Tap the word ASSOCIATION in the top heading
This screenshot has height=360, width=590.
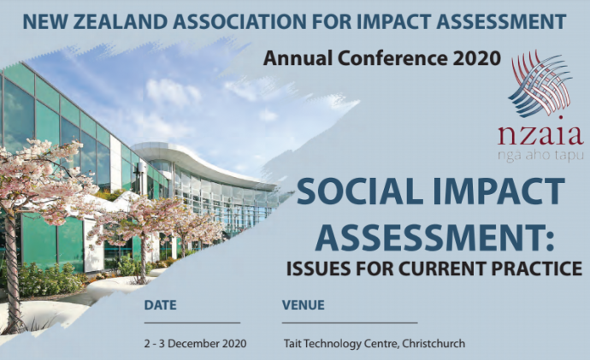point(239,21)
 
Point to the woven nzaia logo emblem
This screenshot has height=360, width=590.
point(540,84)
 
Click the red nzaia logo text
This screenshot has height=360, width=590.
point(540,135)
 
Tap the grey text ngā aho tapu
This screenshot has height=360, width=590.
point(540,156)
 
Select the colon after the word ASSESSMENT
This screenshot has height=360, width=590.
point(550,241)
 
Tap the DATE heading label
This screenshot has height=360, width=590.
point(160,304)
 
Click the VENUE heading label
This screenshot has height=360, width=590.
point(304,304)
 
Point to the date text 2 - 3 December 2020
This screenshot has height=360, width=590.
point(195,344)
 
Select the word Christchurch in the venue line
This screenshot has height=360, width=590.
point(434,344)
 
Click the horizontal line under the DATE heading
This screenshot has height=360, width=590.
point(192,322)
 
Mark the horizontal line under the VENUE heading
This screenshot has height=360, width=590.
point(350,322)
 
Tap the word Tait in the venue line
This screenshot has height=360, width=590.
point(292,344)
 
